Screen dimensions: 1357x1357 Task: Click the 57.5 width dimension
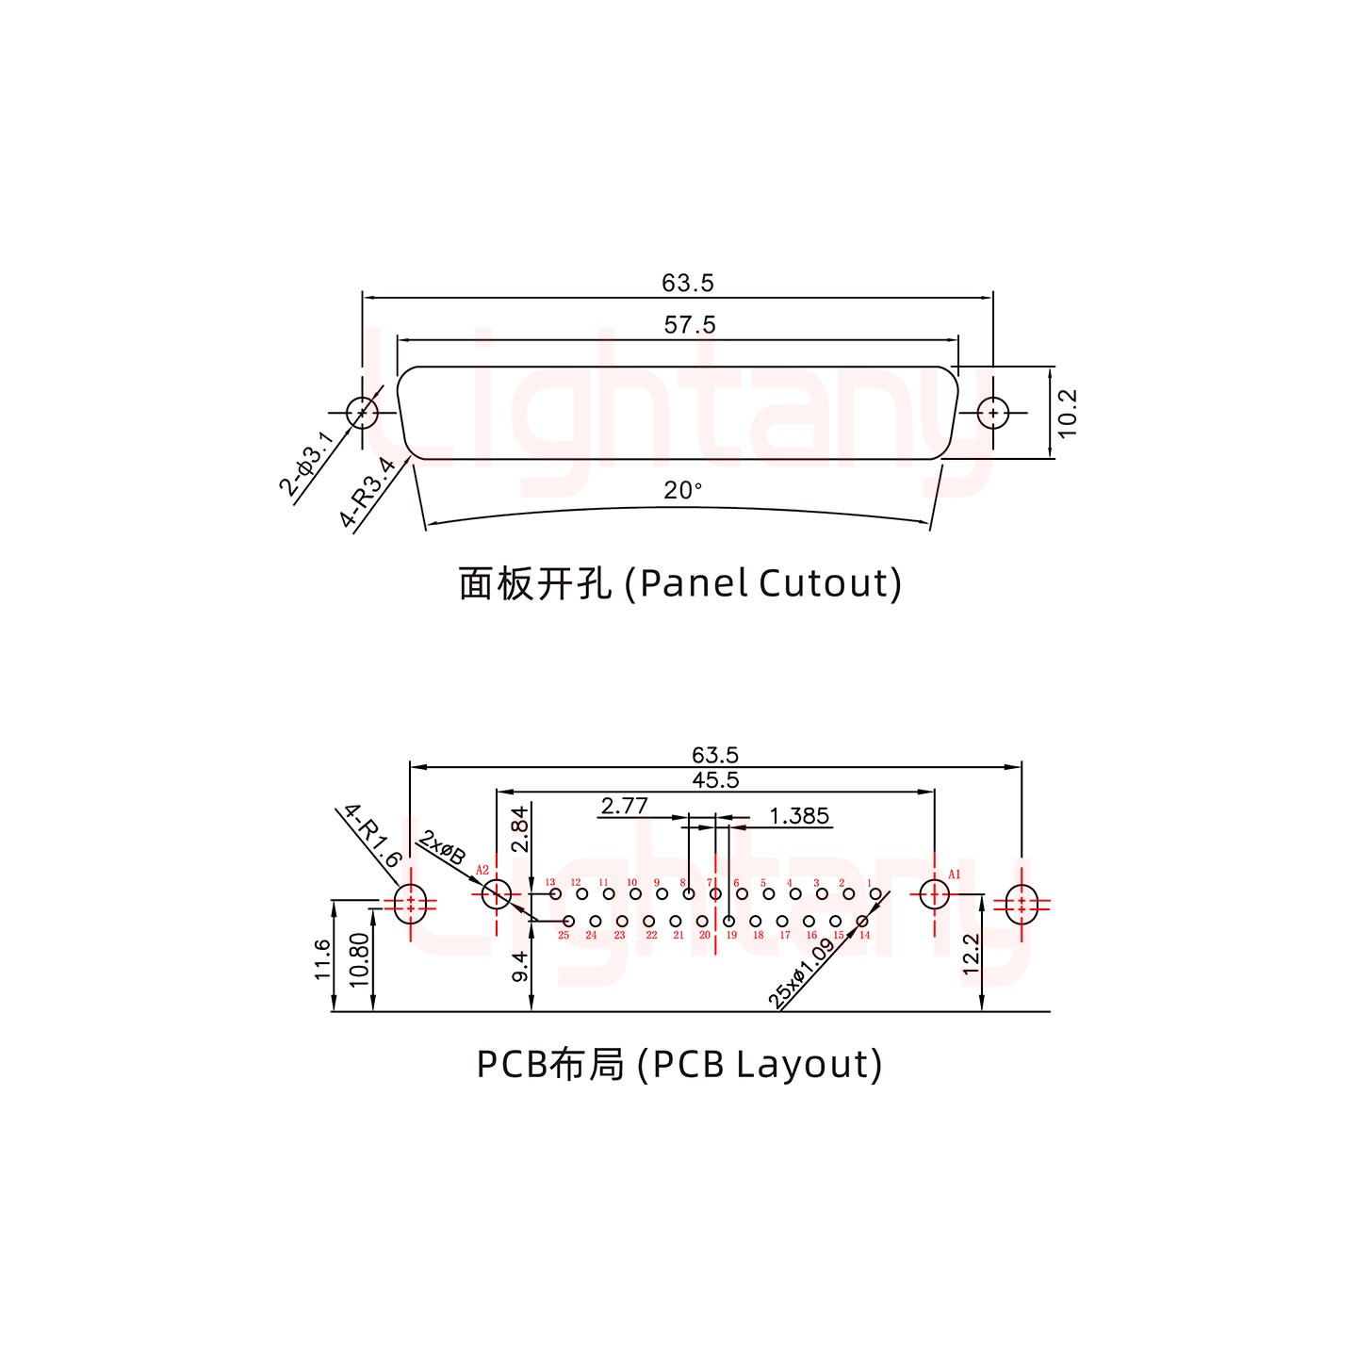(x=690, y=325)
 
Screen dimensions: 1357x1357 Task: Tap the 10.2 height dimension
(x=1067, y=414)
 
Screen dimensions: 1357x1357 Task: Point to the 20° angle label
(x=683, y=491)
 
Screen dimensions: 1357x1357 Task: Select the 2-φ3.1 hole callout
(x=306, y=464)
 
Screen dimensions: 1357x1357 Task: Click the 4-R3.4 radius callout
(x=367, y=492)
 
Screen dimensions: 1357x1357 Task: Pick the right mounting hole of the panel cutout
(x=992, y=413)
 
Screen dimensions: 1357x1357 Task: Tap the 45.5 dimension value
(x=715, y=780)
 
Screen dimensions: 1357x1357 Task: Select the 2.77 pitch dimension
(x=624, y=807)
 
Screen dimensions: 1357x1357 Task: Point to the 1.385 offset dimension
(x=799, y=816)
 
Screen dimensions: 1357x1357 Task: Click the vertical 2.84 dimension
(x=519, y=830)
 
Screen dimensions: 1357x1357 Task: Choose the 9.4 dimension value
(x=519, y=967)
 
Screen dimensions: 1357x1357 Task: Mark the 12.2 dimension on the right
(x=972, y=954)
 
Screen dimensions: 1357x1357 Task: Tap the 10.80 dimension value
(x=359, y=959)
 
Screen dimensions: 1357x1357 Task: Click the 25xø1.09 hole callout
(x=802, y=974)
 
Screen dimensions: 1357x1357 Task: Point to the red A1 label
(x=954, y=875)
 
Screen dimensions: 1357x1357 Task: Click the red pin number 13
(x=550, y=883)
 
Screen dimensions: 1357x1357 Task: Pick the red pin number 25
(x=564, y=936)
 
